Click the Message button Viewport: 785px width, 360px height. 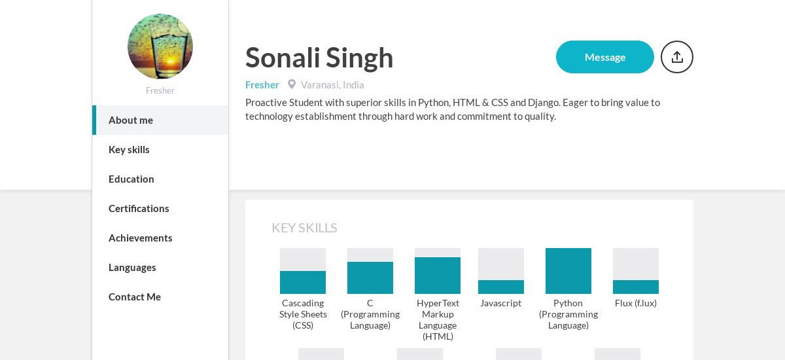tap(605, 57)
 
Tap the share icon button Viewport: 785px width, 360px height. tap(676, 57)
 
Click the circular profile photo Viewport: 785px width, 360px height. tap(160, 46)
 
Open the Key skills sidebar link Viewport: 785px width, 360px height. tap(129, 150)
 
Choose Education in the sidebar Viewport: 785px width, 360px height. tap(131, 179)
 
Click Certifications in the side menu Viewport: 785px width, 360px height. tap(139, 209)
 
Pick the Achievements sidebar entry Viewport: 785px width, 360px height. tap(140, 238)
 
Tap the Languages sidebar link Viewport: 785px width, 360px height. tap(132, 268)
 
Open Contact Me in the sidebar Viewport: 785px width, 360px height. tap(135, 297)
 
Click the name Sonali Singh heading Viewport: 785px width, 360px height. tap(319, 58)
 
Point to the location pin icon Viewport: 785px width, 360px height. tap(292, 84)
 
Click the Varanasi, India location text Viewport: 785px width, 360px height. tap(332, 85)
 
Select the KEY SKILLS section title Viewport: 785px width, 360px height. tap(304, 228)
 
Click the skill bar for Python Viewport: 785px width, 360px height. tap(568, 271)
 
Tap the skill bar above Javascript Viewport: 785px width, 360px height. tap(501, 271)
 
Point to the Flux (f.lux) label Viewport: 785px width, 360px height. tap(636, 303)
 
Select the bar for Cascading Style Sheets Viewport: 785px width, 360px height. tap(303, 271)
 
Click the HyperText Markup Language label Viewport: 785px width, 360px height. tap(438, 319)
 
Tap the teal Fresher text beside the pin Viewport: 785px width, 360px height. tap(262, 85)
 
